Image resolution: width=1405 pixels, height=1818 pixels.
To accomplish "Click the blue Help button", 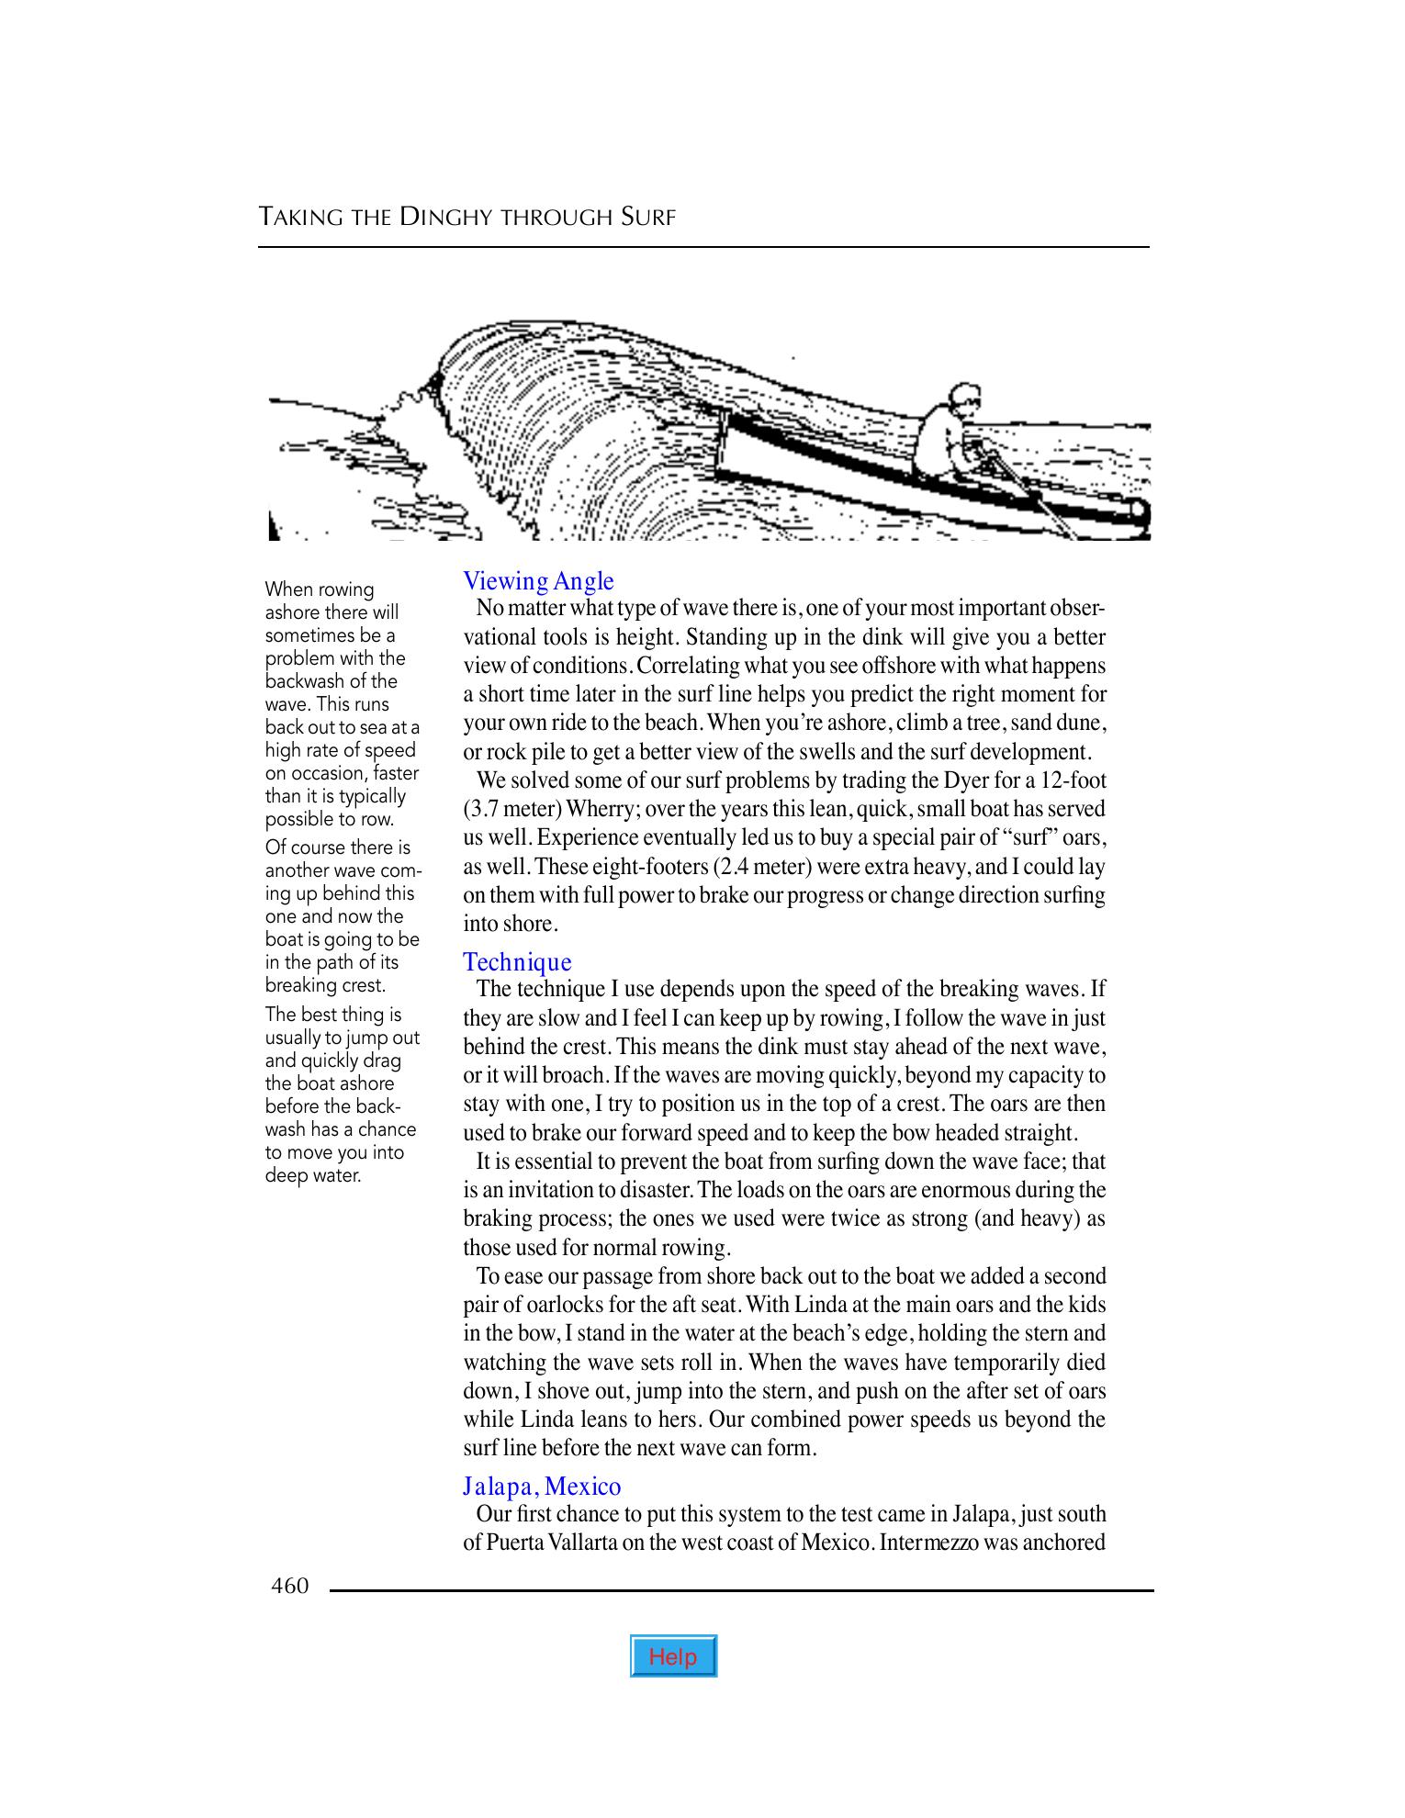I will [673, 1656].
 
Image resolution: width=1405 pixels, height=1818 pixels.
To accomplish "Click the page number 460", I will [290, 1586].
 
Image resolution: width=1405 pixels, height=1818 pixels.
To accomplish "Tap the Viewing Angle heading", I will [538, 581].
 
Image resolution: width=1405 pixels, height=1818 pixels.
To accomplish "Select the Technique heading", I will [517, 961].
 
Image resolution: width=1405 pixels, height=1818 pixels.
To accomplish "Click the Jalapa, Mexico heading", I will [542, 1486].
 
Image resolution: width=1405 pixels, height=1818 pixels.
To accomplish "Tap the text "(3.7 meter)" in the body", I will [512, 809].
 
